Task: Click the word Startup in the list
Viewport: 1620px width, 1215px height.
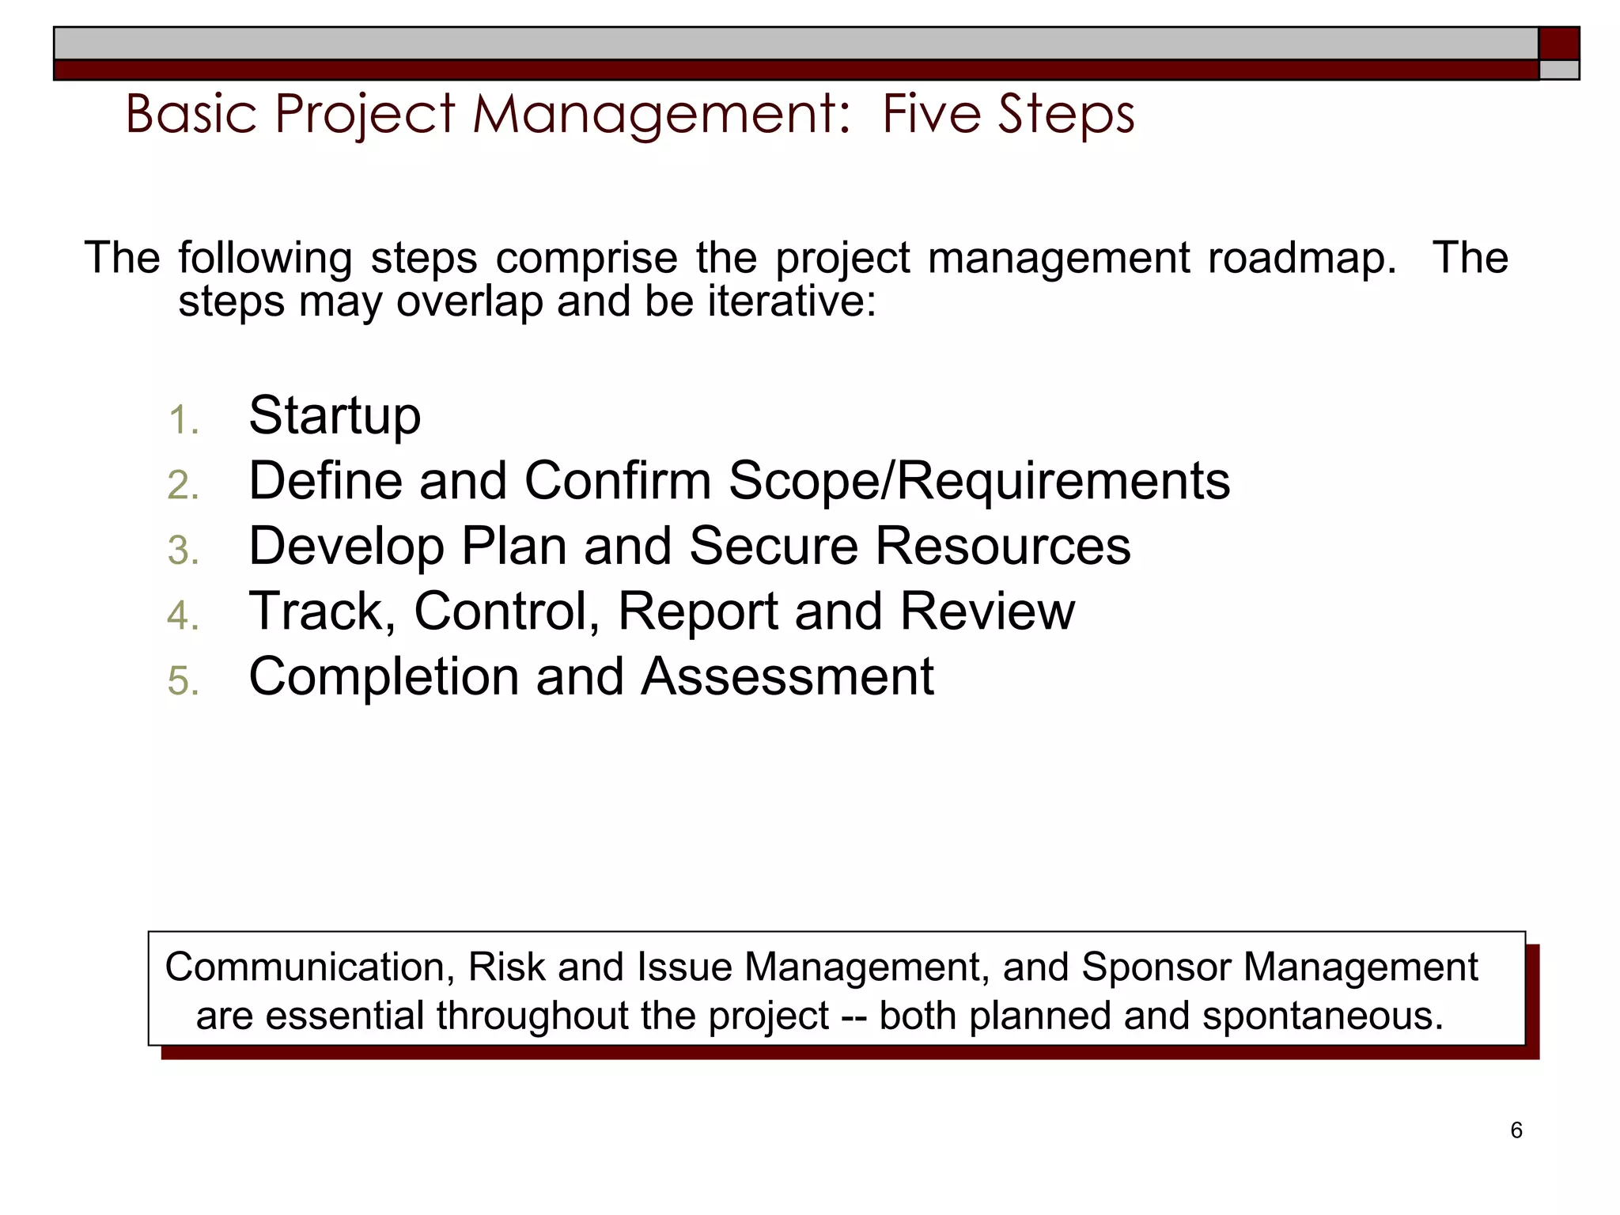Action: (335, 417)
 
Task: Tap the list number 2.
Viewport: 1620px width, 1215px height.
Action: (183, 485)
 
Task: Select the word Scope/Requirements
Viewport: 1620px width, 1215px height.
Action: (978, 482)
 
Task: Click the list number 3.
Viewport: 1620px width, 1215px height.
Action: (183, 551)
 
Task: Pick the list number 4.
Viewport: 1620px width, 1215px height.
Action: (183, 616)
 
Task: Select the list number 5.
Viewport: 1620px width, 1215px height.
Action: (183, 681)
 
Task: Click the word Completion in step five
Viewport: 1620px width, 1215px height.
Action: (383, 678)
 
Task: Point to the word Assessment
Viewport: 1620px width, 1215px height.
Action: (787, 677)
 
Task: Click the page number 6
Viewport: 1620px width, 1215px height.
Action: (1516, 1130)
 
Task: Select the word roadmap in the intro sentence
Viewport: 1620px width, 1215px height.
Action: (1302, 259)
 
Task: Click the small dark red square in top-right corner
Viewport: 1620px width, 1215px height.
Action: (1558, 44)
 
